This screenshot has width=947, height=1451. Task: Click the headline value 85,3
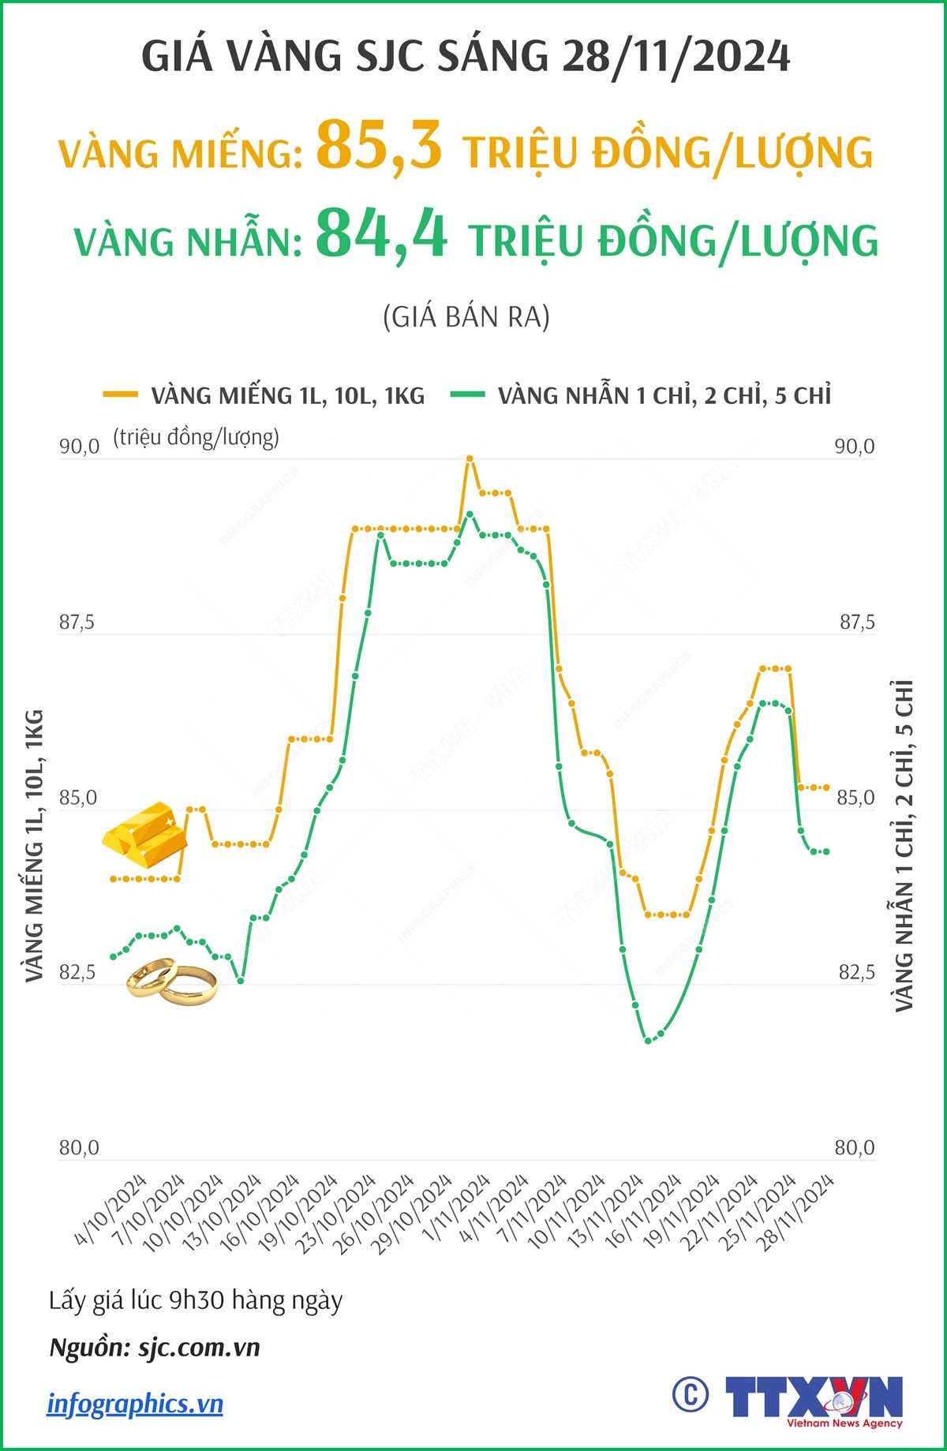click(379, 145)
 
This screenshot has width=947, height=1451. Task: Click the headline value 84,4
click(382, 234)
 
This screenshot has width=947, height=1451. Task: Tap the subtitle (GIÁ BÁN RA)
click(466, 317)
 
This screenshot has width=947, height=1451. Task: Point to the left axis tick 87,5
click(77, 623)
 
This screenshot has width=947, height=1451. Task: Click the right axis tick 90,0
click(855, 447)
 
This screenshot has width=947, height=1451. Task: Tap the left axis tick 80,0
click(79, 1148)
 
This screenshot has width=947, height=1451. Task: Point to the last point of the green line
click(826, 851)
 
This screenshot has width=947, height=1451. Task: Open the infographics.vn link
click(135, 1404)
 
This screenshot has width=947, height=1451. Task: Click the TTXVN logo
click(813, 1400)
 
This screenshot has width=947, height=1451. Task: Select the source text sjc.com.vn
click(199, 1347)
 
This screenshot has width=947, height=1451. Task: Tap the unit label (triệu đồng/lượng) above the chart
click(196, 437)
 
